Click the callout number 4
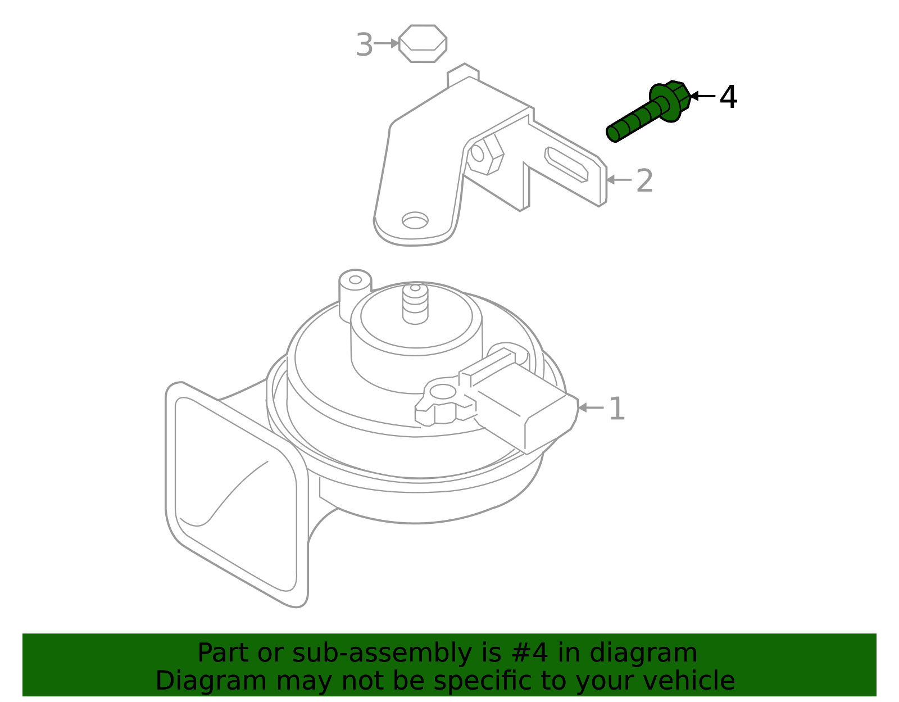(x=728, y=97)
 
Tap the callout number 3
(x=364, y=45)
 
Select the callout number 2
(x=644, y=181)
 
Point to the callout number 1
(x=617, y=409)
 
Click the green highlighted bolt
(x=646, y=112)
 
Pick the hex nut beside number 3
(x=423, y=43)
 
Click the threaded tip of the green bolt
(x=614, y=133)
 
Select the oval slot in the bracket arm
(x=566, y=164)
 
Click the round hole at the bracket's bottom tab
(x=415, y=220)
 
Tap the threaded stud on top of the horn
(x=415, y=304)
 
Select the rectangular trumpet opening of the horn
(x=236, y=495)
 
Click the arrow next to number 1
(x=590, y=407)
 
